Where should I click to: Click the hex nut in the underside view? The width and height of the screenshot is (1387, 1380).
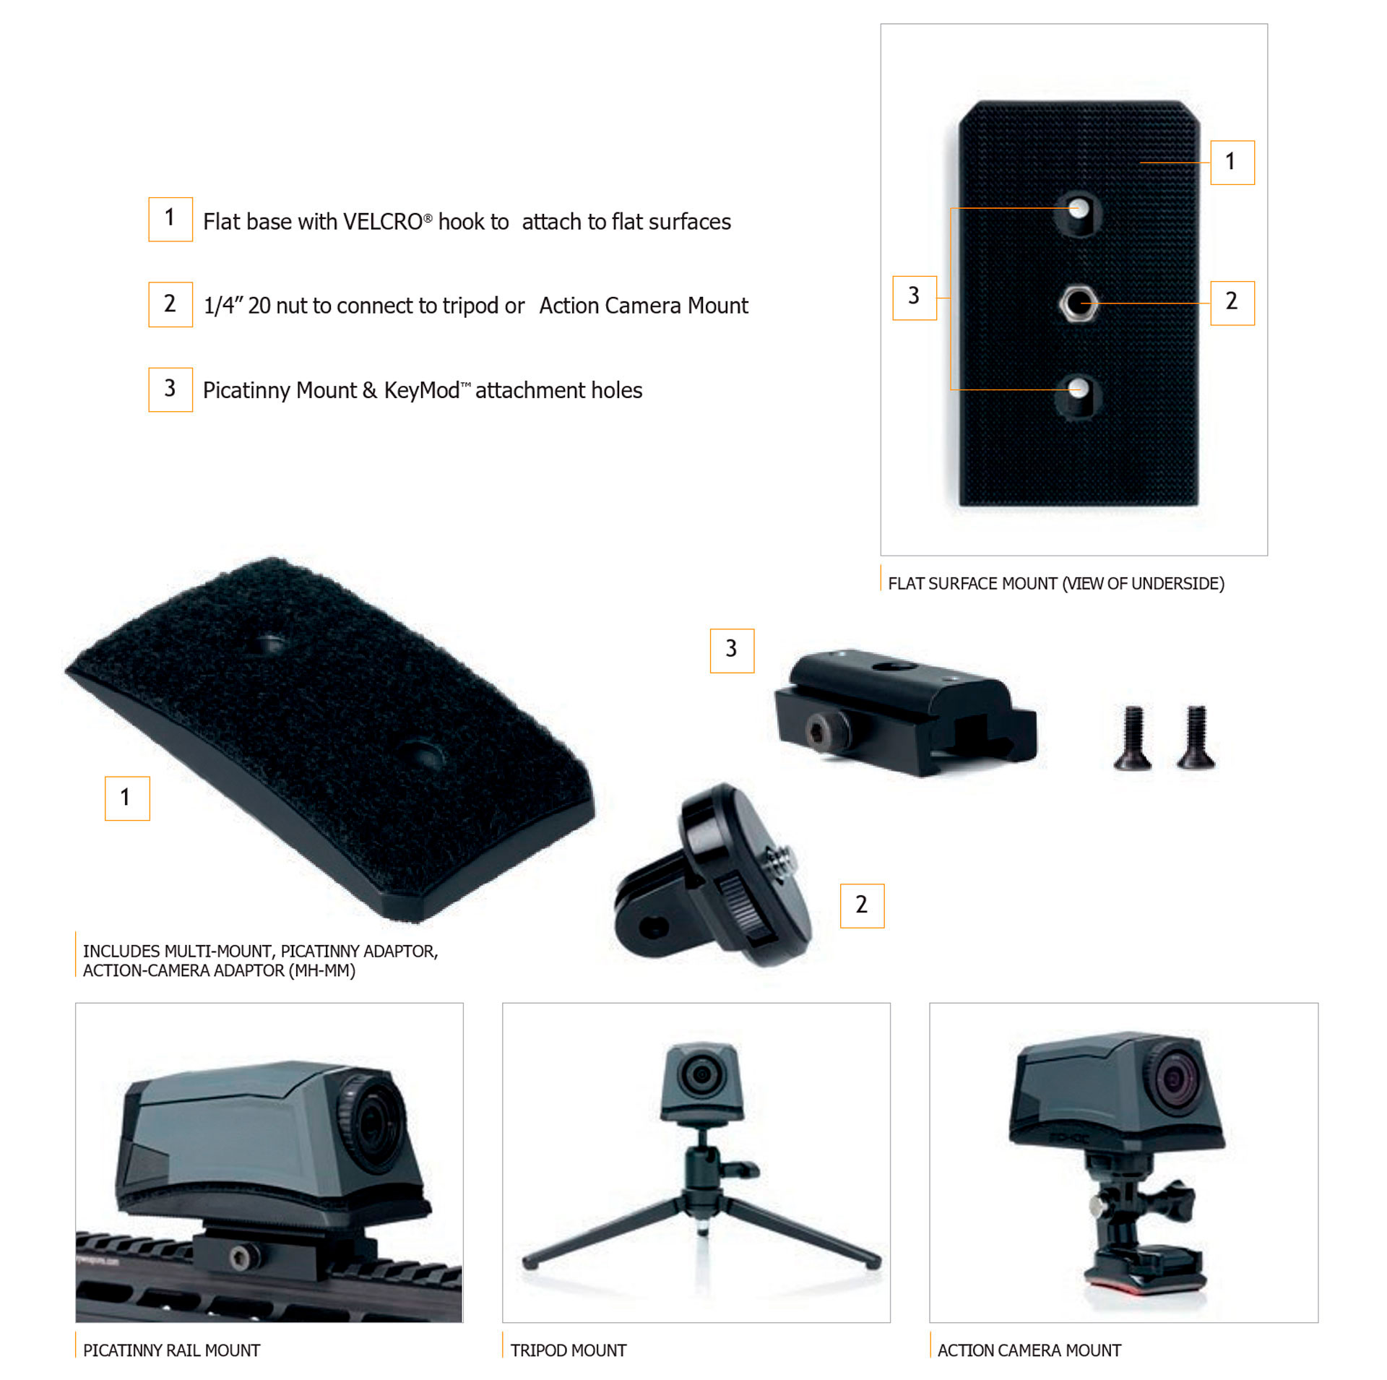(x=1078, y=303)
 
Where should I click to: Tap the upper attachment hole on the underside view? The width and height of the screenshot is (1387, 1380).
(x=1077, y=212)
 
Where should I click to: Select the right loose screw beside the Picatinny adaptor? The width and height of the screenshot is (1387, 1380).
(x=1196, y=737)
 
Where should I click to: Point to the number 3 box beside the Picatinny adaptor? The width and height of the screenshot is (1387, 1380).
(x=732, y=650)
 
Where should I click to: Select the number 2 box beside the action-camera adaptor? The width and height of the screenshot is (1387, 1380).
(x=862, y=905)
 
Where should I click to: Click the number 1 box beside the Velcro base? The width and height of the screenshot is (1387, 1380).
(x=127, y=798)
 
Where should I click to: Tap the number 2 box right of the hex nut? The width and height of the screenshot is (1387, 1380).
(x=1232, y=303)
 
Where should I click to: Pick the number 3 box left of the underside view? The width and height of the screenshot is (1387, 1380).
(x=915, y=298)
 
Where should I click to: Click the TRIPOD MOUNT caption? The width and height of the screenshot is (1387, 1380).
(x=569, y=1350)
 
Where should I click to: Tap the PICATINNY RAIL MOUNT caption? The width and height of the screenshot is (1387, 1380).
(x=171, y=1350)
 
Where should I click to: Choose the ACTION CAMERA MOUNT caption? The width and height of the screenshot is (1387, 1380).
(x=1029, y=1350)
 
